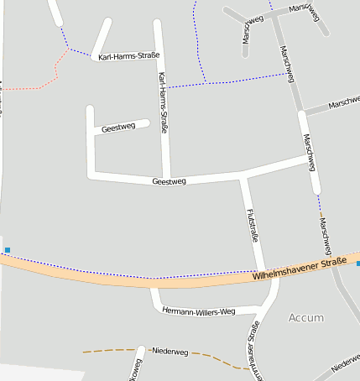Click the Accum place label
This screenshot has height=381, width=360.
[305, 318]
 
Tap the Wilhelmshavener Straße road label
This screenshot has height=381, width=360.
[300, 269]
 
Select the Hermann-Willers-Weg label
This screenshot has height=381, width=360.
[198, 311]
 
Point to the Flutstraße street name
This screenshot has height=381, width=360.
[252, 225]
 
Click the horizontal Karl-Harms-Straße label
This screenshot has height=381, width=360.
[128, 57]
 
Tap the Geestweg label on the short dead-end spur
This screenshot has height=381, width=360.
[117, 128]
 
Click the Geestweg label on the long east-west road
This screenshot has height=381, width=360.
[169, 181]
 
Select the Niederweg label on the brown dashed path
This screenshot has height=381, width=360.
[170, 350]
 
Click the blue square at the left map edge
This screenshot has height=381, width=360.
[8, 250]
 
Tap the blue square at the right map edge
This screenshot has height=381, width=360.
[357, 264]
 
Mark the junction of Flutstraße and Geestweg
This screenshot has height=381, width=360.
[243, 178]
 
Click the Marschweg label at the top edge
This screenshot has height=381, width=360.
[304, 8]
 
